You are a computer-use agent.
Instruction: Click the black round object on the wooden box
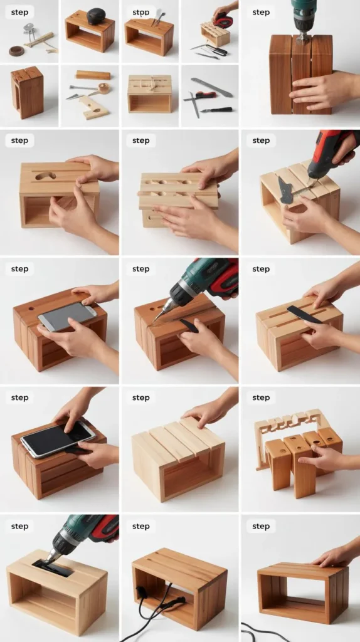[x=96, y=16]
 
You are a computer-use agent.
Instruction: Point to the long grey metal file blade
[x=211, y=87]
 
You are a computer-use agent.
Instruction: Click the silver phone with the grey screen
[x=67, y=316]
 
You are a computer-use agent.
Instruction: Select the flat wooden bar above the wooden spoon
[x=93, y=75]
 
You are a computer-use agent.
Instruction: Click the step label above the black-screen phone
[x=19, y=397]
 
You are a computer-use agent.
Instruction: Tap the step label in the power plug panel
[x=140, y=526]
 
